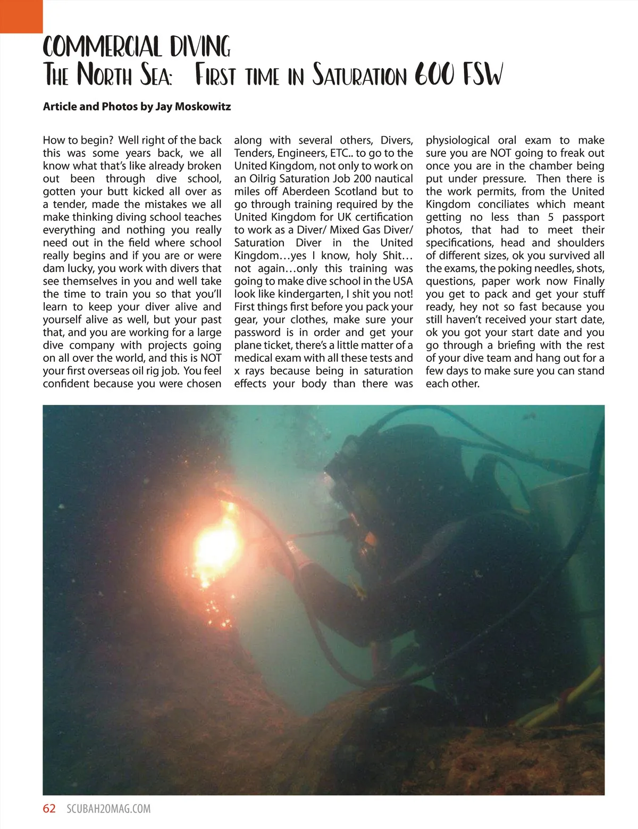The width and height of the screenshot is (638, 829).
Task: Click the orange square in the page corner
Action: pyautogui.click(x=21, y=16)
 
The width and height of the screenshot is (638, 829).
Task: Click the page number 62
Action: pyautogui.click(x=49, y=808)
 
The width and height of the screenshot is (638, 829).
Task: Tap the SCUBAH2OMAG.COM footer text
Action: pyautogui.click(x=108, y=809)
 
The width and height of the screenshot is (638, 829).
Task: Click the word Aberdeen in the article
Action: pyautogui.click(x=307, y=192)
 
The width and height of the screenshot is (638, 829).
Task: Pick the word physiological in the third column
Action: pyautogui.click(x=457, y=140)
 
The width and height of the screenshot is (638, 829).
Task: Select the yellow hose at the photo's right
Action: pyautogui.click(x=569, y=697)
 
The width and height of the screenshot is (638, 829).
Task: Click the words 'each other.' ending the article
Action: pyautogui.click(x=452, y=384)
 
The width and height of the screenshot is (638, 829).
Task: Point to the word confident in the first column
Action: pyautogui.click(x=66, y=384)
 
